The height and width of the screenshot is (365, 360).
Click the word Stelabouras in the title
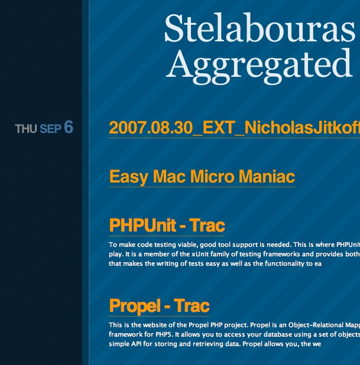click(260, 28)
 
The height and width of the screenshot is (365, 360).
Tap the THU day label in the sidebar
click(26, 129)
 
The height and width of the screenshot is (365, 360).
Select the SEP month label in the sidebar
click(51, 129)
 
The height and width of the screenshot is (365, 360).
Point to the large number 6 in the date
click(69, 127)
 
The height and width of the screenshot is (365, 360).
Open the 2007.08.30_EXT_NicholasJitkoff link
click(235, 128)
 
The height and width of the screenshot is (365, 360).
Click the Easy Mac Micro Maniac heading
click(202, 177)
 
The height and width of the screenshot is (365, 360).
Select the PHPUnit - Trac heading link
click(167, 226)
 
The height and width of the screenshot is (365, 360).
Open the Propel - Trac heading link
click(159, 305)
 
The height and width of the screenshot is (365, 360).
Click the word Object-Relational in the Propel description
click(315, 325)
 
